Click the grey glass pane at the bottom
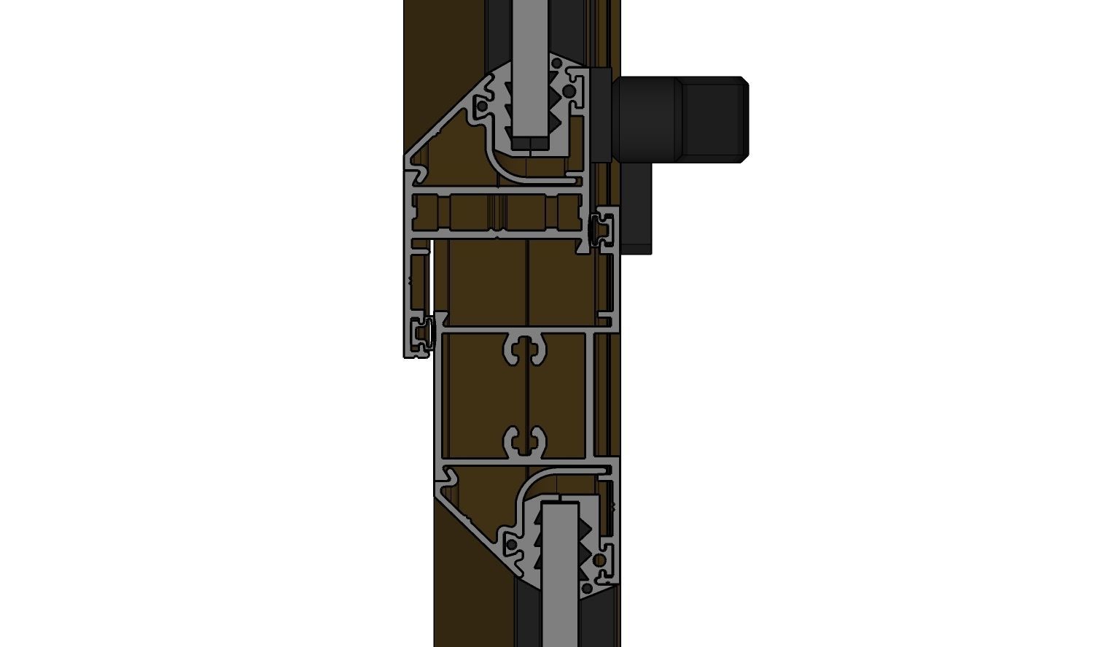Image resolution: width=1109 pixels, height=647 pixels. pyautogui.click(x=561, y=576)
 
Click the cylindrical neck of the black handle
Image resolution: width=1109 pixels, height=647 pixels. pyautogui.click(x=647, y=118)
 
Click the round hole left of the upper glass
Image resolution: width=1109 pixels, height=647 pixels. pyautogui.click(x=482, y=106)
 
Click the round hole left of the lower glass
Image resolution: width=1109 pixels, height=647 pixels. pyautogui.click(x=512, y=546)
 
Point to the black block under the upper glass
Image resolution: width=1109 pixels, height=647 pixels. pyautogui.click(x=530, y=143)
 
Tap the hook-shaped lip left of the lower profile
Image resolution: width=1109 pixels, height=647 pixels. pyautogui.click(x=448, y=479)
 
